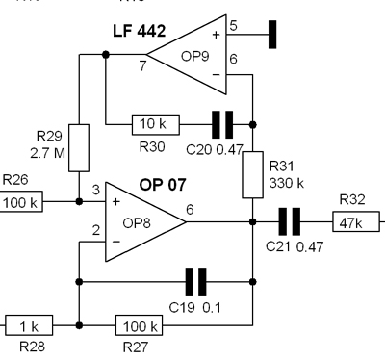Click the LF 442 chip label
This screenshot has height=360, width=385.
[140, 31]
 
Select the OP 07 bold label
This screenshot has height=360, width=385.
[163, 185]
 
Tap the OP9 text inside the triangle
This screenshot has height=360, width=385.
[195, 56]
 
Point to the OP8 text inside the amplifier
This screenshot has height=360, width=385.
[137, 223]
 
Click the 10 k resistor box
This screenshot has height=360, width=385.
[156, 124]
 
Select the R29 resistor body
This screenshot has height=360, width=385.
[79, 148]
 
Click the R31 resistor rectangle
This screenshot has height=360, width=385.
[252, 175]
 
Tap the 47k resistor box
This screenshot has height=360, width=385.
[356, 221]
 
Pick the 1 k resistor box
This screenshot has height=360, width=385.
[29, 325]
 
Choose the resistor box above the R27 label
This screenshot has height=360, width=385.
[139, 325]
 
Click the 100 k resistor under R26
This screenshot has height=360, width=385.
[20, 201]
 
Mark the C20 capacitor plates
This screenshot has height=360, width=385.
[222, 124]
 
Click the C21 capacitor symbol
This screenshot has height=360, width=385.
[290, 221]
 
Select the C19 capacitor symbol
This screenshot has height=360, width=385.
[196, 282]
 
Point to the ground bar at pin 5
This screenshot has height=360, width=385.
[272, 35]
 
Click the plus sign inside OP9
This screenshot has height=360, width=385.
[216, 35]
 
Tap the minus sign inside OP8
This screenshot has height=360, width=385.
[116, 242]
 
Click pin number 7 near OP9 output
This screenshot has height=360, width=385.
[142, 65]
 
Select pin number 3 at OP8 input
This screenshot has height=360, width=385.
[96, 190]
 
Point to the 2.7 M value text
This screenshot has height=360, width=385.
[47, 153]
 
